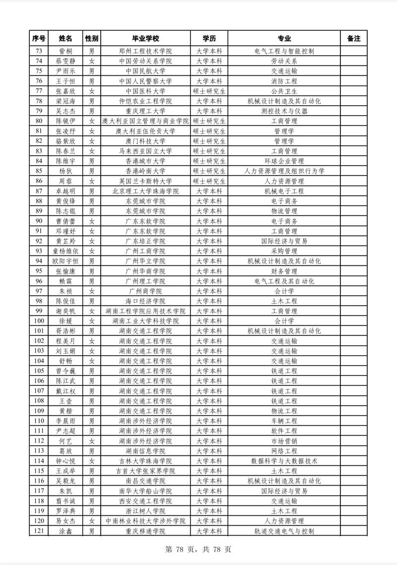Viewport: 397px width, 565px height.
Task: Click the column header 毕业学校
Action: coord(145,39)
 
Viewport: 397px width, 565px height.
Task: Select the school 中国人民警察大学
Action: coord(145,81)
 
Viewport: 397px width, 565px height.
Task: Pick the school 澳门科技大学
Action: coord(145,141)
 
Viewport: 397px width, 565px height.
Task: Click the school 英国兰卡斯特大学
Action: coord(145,181)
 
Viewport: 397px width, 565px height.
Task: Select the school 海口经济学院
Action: coord(145,301)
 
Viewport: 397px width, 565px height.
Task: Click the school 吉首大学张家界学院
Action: coord(145,471)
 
